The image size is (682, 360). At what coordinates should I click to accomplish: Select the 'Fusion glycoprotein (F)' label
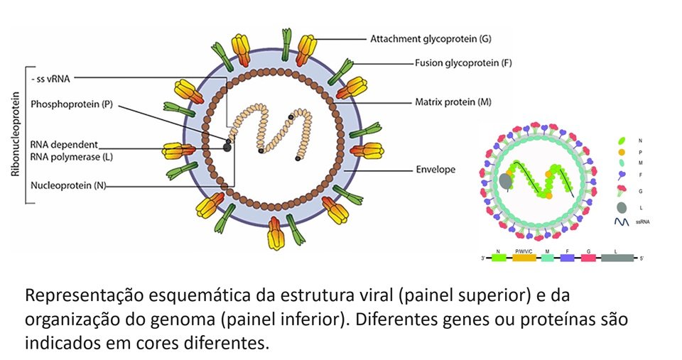tap(463, 62)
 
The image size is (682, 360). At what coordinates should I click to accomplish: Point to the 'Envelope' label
tap(435, 170)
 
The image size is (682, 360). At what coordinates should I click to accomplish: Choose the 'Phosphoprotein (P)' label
tap(72, 104)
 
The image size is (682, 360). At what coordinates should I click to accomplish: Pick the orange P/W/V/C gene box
tap(524, 259)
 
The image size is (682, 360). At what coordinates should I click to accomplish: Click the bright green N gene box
tap(499, 259)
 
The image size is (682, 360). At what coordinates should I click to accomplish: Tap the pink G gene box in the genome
tap(588, 259)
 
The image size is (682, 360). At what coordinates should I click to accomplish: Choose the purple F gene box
tap(567, 259)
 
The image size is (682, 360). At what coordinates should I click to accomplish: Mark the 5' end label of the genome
tap(642, 259)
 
